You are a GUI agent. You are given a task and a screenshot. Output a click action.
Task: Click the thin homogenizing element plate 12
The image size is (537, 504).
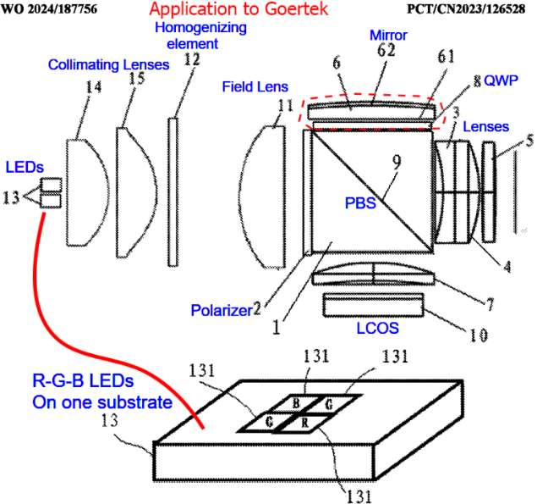point(173,191)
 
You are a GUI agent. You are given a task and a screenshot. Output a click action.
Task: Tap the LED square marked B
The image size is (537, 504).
point(287,404)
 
